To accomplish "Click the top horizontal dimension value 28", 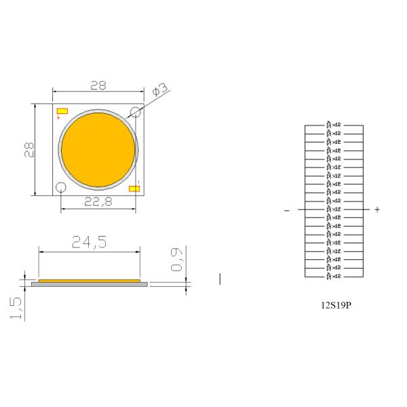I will tap(98, 85).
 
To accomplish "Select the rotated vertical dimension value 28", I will tap(29, 149).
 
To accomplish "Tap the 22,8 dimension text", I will tap(98, 201).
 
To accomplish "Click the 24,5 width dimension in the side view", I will tap(89, 243).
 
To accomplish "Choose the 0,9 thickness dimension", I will tap(178, 260).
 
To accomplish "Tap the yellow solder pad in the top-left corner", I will tap(62, 111).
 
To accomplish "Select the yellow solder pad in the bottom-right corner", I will tap(134, 189).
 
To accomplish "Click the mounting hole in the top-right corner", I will tap(136, 113).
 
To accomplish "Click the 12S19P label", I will tap(335, 305).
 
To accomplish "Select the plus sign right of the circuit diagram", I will tap(377, 210).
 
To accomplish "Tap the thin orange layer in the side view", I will tap(90, 280).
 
